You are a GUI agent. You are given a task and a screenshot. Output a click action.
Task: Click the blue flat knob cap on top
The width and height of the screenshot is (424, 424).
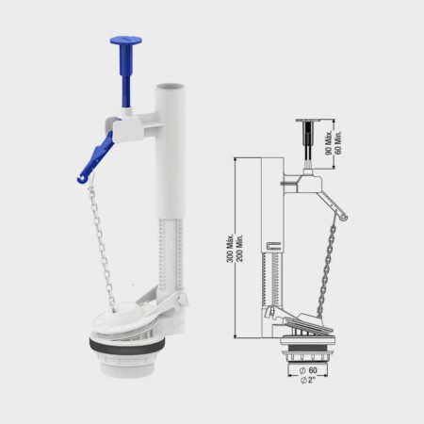point(125,41)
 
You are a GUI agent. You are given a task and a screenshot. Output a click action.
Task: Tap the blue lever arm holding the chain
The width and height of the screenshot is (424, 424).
point(95,158)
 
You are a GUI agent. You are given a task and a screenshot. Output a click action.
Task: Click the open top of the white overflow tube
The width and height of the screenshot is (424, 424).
point(171,87)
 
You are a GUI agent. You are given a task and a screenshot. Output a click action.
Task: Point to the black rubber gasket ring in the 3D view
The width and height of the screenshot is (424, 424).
point(126,346)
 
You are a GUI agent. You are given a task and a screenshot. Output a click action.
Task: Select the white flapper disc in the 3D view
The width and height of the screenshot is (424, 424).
point(121,318)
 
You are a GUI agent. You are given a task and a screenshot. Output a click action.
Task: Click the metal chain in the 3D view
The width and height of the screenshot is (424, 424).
point(102,244)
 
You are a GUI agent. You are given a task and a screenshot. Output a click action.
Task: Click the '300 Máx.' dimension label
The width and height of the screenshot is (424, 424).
point(230,248)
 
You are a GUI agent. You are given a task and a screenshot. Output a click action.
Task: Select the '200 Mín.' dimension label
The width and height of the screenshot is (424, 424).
point(239,248)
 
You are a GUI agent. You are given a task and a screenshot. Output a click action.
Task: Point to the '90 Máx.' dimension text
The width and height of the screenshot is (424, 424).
point(329,142)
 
